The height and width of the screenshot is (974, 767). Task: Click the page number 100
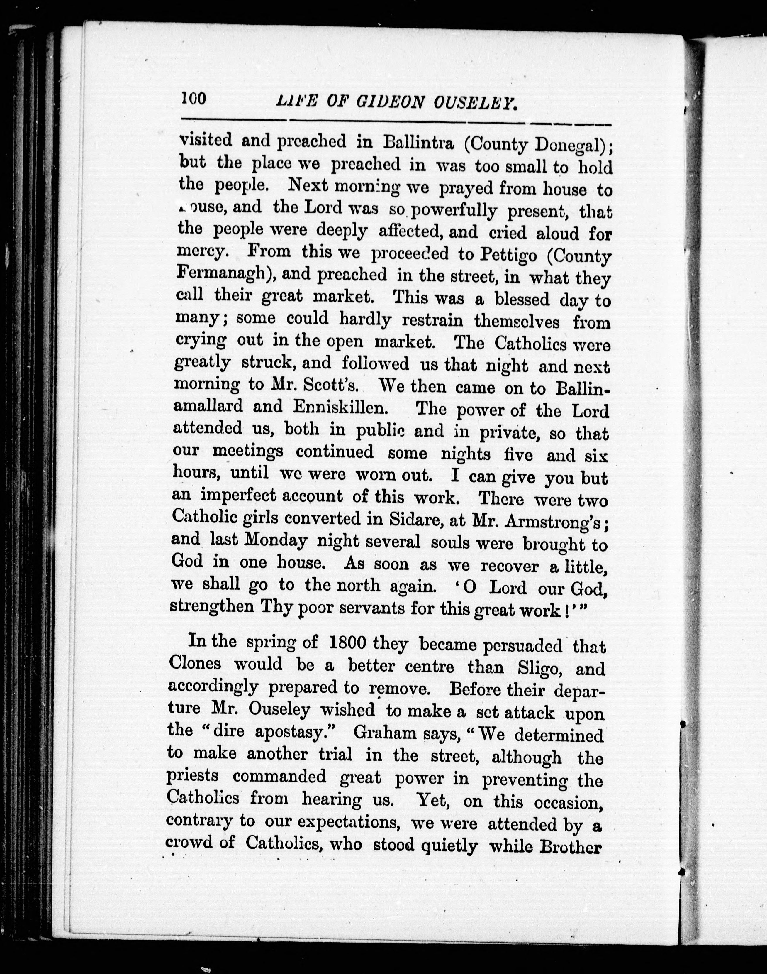point(194,98)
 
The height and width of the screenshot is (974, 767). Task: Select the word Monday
point(275,540)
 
